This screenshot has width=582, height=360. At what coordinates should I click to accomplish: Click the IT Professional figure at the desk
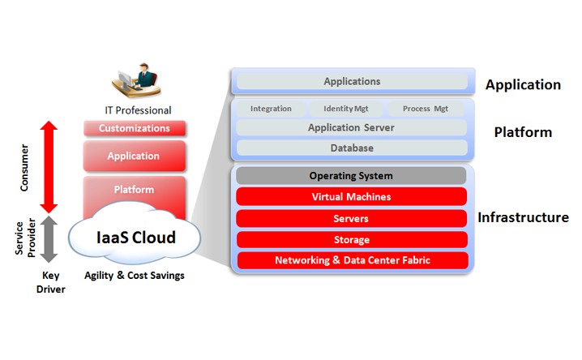tap(135, 82)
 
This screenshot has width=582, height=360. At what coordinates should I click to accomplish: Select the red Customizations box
tap(135, 128)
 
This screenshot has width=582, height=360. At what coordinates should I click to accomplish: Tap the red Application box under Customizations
tap(135, 156)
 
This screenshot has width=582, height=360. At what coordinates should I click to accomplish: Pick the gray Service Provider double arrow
tap(49, 239)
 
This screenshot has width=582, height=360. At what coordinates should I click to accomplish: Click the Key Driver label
tap(49, 282)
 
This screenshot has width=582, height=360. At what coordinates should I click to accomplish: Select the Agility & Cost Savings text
tap(135, 276)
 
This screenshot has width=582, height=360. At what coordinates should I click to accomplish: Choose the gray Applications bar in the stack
tap(352, 82)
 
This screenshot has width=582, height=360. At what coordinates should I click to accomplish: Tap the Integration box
tap(271, 109)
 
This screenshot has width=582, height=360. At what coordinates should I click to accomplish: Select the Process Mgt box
tap(426, 109)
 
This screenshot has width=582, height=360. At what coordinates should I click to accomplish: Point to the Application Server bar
tap(352, 128)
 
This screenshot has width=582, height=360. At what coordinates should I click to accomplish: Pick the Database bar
tap(352, 148)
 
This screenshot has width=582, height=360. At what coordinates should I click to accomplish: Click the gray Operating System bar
tap(351, 176)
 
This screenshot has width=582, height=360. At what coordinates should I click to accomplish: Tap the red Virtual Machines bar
tap(351, 197)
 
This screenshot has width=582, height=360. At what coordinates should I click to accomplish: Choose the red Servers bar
tap(351, 219)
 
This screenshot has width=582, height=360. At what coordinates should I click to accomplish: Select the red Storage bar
tap(351, 240)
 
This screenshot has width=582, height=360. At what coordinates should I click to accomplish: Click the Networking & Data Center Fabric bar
tap(351, 260)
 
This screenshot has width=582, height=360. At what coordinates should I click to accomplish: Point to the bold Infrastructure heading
tap(523, 217)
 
